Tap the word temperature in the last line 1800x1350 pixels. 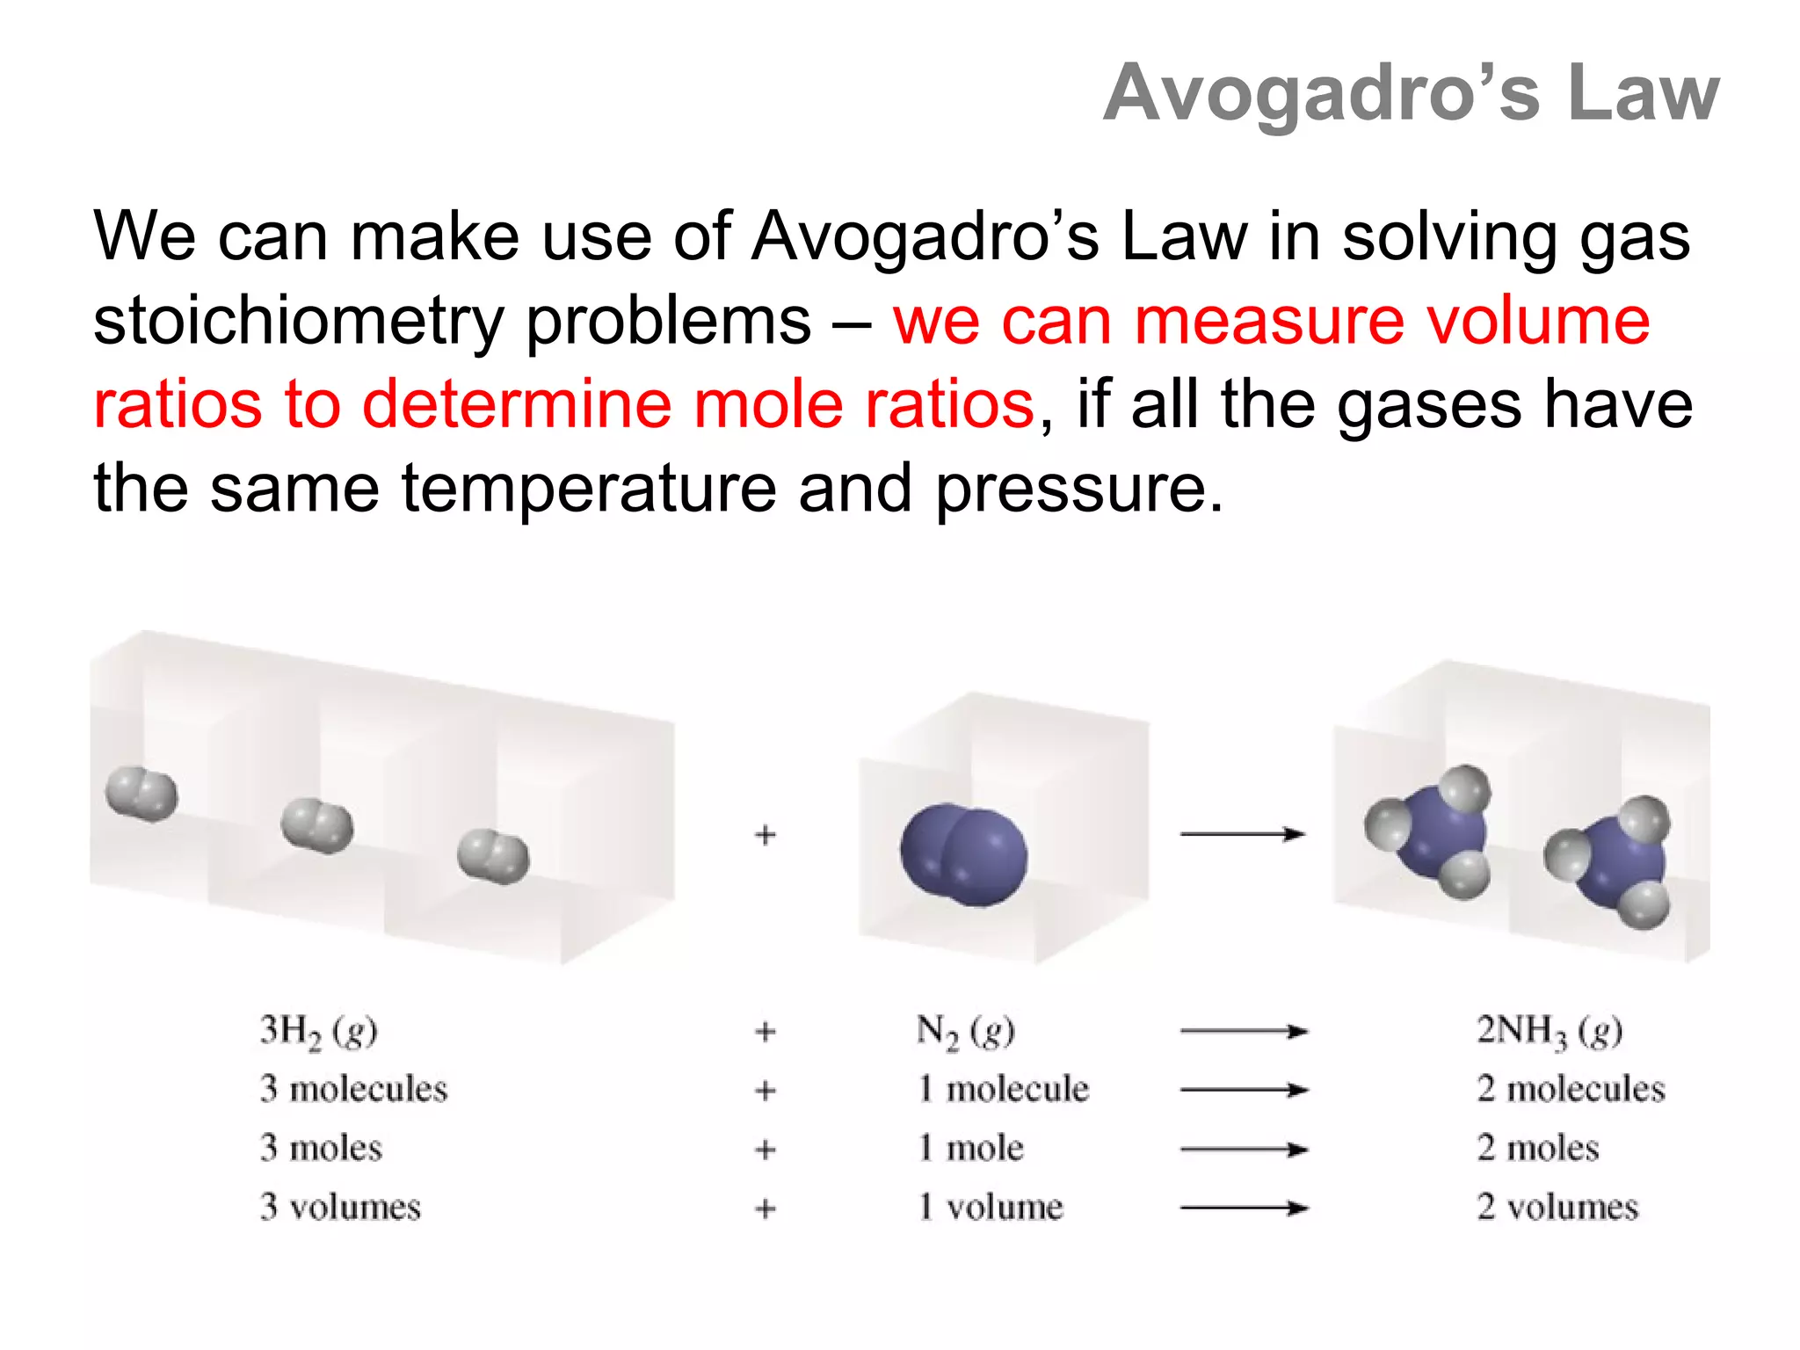[x=589, y=488]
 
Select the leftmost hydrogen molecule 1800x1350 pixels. [x=142, y=794]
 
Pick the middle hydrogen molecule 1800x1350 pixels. [x=317, y=825]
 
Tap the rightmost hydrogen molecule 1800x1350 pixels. [x=493, y=856]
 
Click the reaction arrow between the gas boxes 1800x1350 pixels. [x=1243, y=834]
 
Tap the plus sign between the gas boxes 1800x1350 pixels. [x=766, y=834]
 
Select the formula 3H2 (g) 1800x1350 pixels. [x=318, y=1031]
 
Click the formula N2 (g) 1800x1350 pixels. [x=965, y=1031]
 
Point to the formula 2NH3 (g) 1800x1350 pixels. [x=1549, y=1031]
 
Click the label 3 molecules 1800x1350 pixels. [x=353, y=1090]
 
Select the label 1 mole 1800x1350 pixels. [x=970, y=1149]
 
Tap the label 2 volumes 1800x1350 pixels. [x=1557, y=1207]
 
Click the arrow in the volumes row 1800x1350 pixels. [x=1243, y=1208]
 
